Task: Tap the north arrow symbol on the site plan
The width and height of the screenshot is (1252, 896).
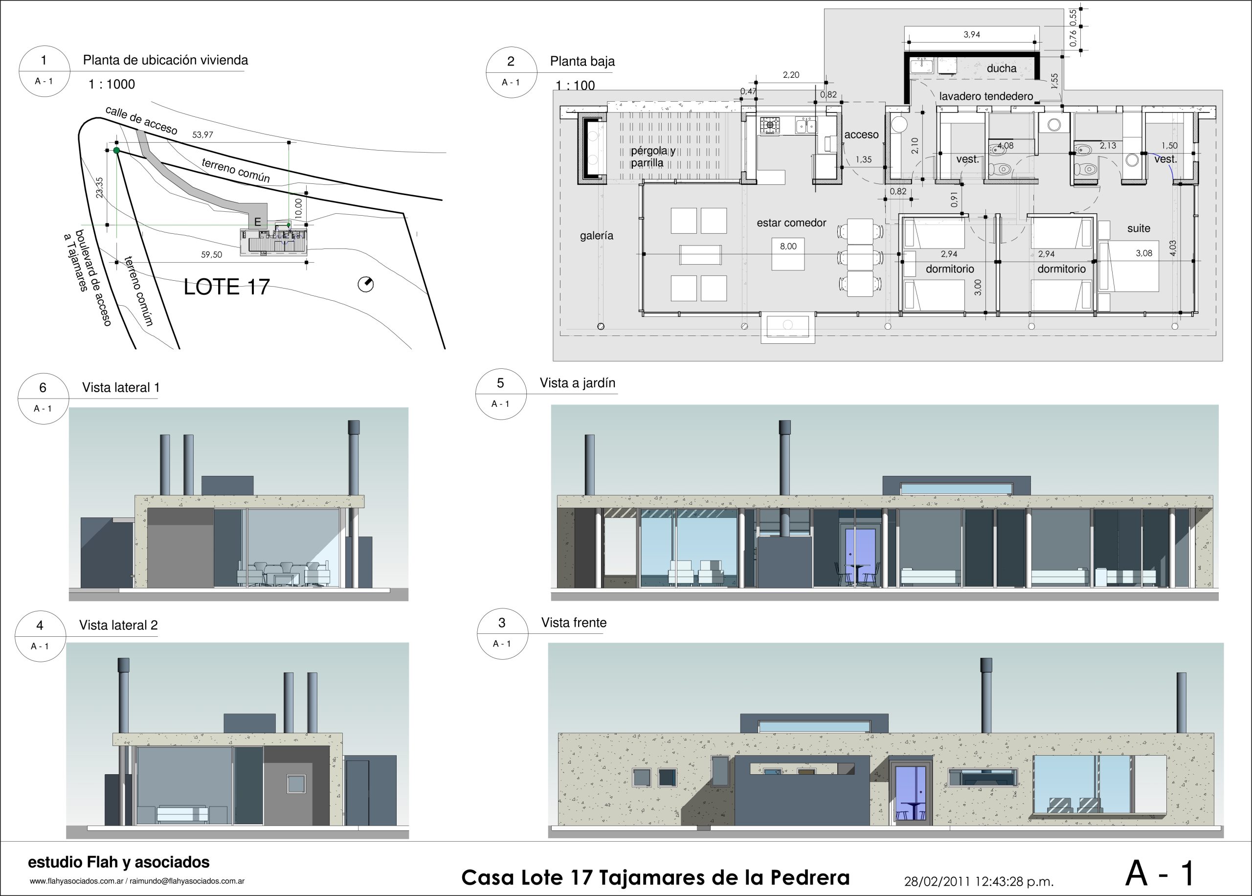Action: (366, 284)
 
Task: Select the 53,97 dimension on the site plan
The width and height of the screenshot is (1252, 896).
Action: (202, 134)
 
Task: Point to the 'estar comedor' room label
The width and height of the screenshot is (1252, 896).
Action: (791, 223)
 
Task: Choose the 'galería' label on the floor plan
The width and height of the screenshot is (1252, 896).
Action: (596, 236)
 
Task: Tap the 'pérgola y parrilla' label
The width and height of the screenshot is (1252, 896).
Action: (652, 157)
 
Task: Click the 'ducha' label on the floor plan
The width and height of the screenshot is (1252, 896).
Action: (1002, 68)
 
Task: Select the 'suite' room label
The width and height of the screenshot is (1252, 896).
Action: (1139, 228)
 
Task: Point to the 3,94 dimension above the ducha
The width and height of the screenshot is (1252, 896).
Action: (972, 34)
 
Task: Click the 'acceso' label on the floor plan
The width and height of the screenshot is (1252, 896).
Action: (861, 134)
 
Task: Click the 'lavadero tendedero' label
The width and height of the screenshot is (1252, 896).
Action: (986, 96)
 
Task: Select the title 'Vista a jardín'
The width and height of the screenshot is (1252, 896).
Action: (578, 383)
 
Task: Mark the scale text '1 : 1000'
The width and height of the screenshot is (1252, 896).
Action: (112, 84)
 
